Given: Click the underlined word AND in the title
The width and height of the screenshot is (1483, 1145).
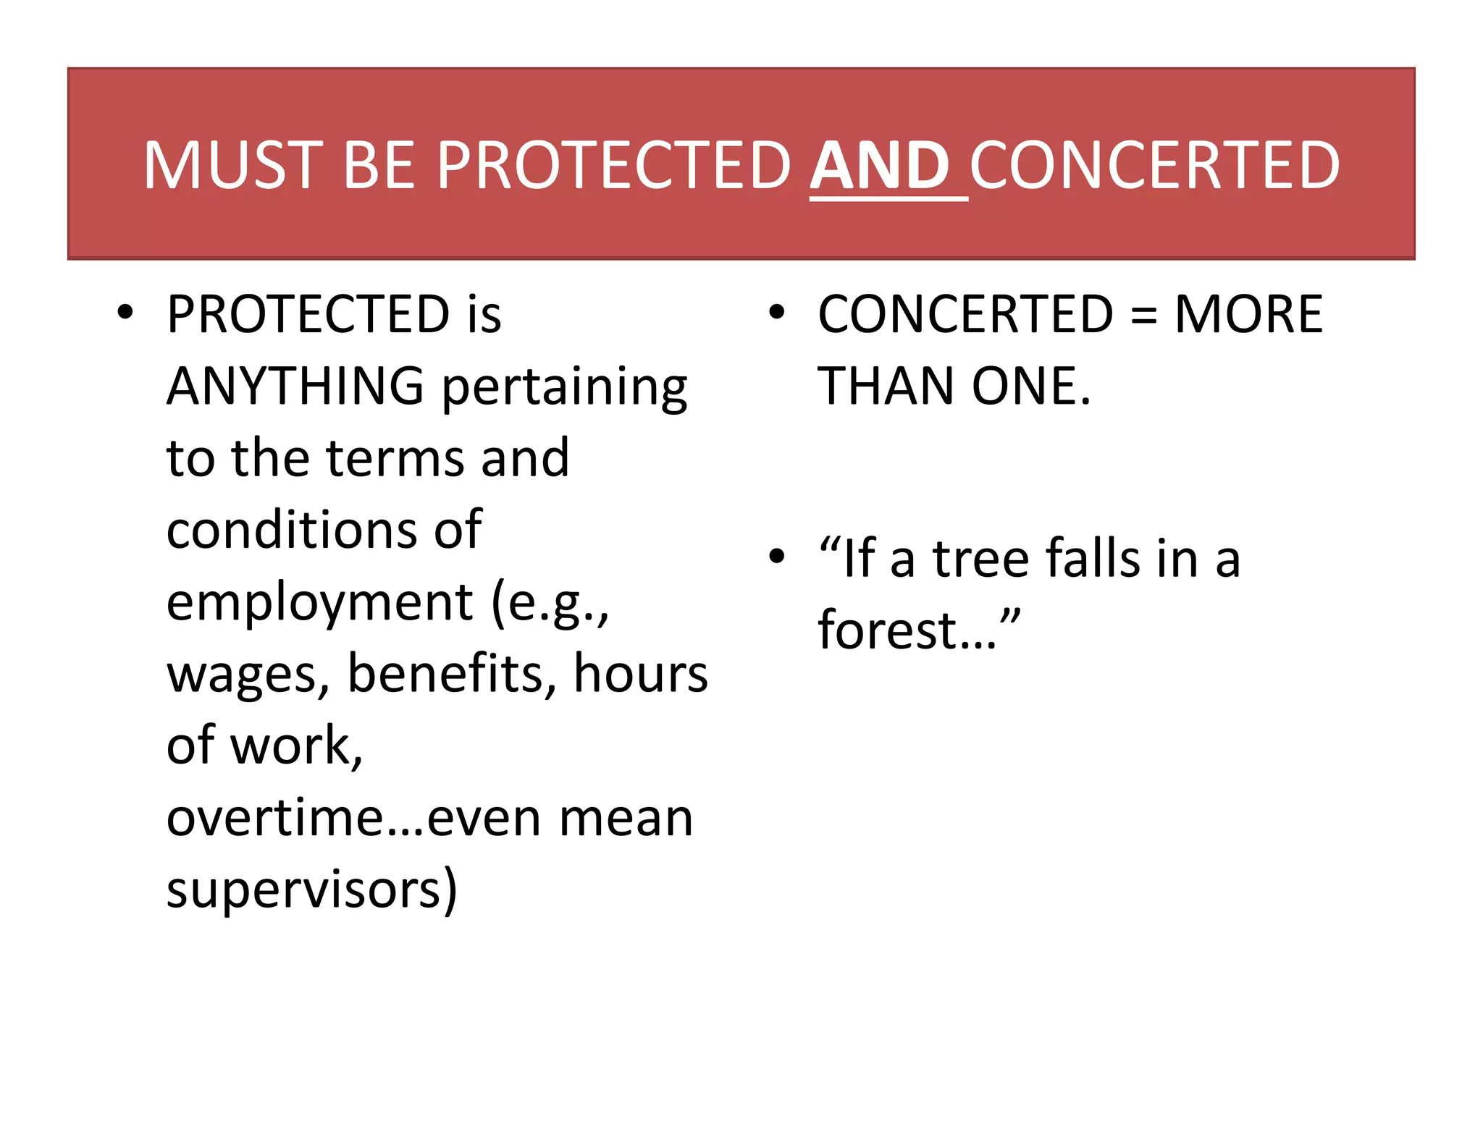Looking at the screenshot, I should click(879, 166).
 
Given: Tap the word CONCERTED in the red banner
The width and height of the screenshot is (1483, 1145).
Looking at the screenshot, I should click(1154, 166).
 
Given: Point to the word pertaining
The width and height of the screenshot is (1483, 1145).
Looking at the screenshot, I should click(564, 389).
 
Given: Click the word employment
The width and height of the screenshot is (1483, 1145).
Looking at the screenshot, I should click(319, 603).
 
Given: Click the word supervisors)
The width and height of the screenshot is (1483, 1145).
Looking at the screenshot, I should click(312, 890).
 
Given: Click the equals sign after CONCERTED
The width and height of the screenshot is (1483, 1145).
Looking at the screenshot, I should click(1143, 316).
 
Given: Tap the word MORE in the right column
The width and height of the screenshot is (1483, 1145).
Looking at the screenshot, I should click(1248, 314).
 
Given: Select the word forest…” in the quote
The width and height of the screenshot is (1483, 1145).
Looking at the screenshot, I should click(918, 630).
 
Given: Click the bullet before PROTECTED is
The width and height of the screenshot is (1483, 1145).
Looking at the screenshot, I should click(126, 313).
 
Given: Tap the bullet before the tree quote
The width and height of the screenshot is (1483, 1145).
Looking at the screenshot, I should click(777, 557).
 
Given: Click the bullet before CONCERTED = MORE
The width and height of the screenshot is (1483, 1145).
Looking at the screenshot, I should click(777, 313).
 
